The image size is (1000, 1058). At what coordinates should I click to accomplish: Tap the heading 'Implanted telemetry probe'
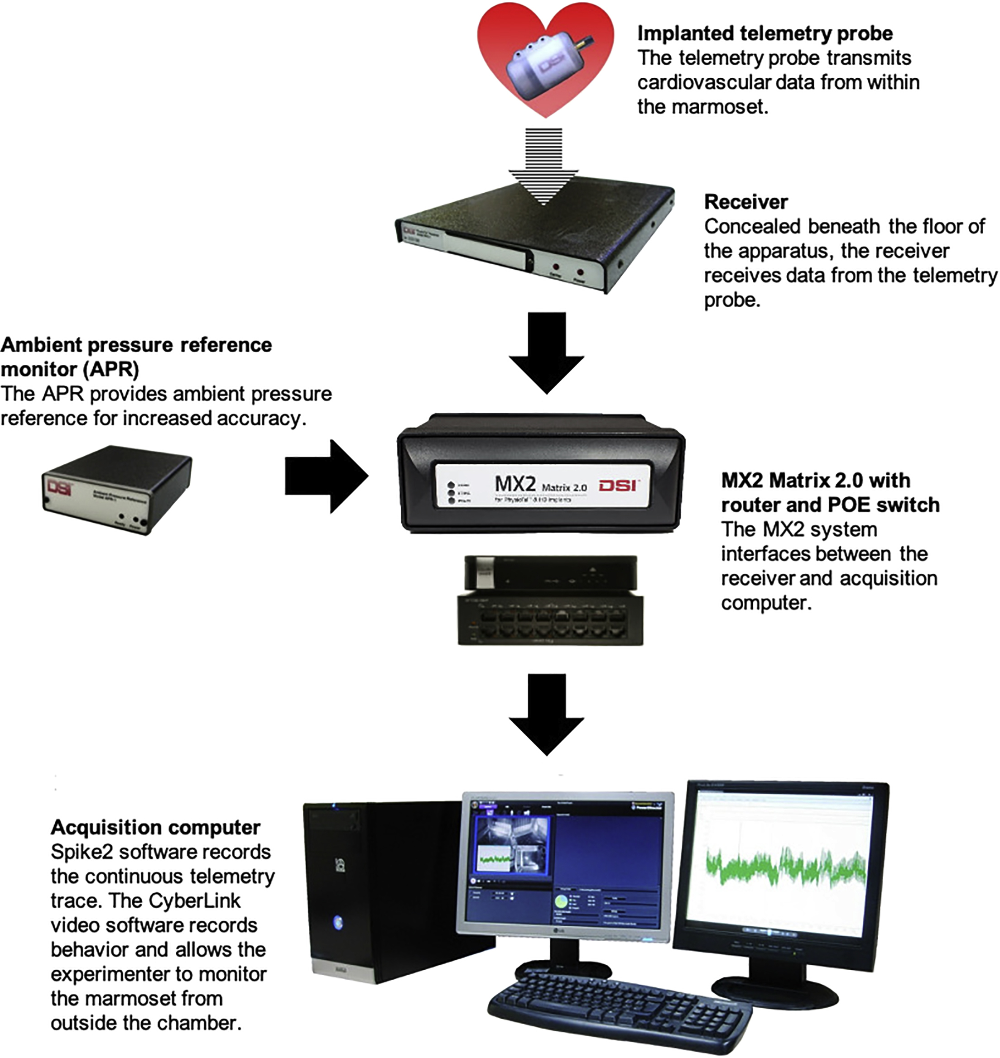point(764,33)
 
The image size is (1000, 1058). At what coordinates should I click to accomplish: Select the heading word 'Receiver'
point(746,202)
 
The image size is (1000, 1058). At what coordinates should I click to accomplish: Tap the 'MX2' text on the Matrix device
point(514,484)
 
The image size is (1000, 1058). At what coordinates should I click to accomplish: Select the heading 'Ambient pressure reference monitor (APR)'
point(136,357)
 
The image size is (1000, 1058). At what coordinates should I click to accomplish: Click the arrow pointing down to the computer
point(546,714)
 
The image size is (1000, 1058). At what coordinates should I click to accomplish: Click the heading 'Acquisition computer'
point(155,827)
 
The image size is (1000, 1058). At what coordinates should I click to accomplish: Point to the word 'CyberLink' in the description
point(195,901)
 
